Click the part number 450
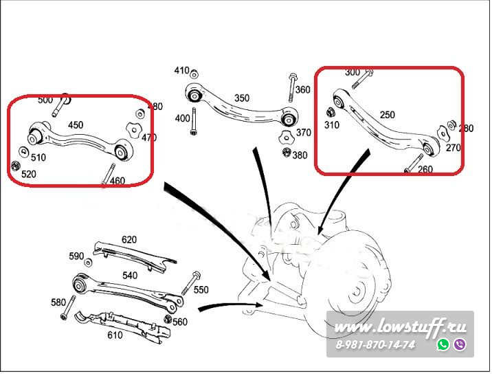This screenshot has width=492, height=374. pyautogui.click(x=76, y=125)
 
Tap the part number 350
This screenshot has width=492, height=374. pyautogui.click(x=242, y=98)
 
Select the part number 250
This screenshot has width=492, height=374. pyautogui.click(x=387, y=115)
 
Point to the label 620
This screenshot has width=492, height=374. pyautogui.click(x=129, y=240)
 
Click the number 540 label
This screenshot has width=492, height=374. pyautogui.click(x=130, y=275)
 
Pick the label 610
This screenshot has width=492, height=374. pyautogui.click(x=115, y=335)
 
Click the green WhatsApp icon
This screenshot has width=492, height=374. pyautogui.click(x=443, y=344)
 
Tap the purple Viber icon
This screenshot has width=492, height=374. pyautogui.click(x=460, y=344)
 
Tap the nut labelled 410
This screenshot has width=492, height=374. pyautogui.click(x=194, y=73)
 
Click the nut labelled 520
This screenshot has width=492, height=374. pyautogui.click(x=16, y=166)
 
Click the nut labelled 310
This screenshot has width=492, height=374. pyautogui.click(x=329, y=111)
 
